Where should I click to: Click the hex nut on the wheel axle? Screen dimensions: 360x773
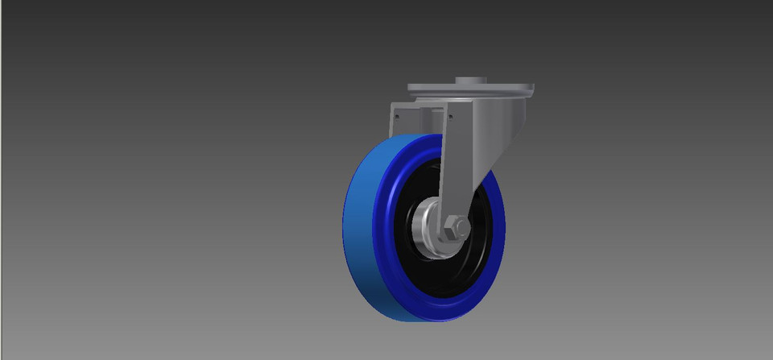coord(455,230)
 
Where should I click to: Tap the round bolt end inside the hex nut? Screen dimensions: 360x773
coord(454,230)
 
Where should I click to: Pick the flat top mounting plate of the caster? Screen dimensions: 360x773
coord(471,88)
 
